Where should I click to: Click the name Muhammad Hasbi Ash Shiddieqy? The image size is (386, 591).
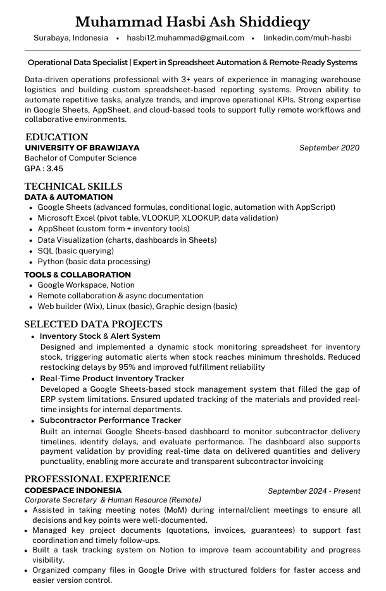[192, 22]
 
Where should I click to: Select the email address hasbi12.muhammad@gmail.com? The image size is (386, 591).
[185, 38]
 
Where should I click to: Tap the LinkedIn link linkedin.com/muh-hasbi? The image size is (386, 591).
[308, 38]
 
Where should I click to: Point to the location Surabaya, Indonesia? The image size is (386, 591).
[71, 38]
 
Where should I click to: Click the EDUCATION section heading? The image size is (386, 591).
[56, 137]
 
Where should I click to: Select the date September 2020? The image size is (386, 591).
[329, 148]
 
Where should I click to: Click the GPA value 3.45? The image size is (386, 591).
[55, 169]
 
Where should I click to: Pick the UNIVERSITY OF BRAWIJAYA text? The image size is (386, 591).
[82, 148]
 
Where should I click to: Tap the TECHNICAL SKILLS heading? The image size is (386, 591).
[73, 186]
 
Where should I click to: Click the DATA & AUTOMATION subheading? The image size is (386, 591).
[68, 197]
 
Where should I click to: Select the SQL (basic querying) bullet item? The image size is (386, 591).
[76, 251]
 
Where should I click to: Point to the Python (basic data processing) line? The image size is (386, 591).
[94, 262]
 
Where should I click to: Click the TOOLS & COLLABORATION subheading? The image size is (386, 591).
[77, 275]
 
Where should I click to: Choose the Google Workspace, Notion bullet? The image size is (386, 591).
[86, 285]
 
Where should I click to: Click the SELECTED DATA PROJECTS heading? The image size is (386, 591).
[93, 324]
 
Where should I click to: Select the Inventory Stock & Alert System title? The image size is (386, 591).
[100, 336]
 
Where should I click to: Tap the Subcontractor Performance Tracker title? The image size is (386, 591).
[110, 420]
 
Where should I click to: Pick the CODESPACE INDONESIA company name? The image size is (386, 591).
[73, 490]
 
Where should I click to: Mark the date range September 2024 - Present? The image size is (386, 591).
[314, 491]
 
